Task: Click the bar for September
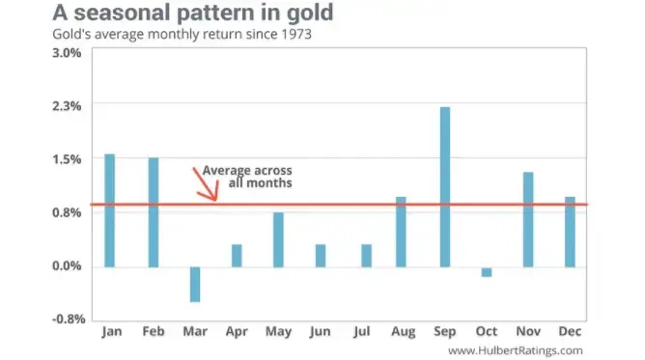tap(444, 186)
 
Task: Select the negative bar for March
tap(195, 284)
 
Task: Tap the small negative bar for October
tap(486, 272)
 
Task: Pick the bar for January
tap(109, 210)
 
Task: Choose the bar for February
tap(153, 212)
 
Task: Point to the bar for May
tap(278, 239)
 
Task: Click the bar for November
tap(528, 219)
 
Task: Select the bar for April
tap(237, 256)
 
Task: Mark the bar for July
tap(366, 256)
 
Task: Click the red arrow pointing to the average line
tap(206, 183)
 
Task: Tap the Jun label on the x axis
tap(320, 332)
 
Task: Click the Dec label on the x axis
tap(570, 332)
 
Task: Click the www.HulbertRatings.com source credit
tap(516, 350)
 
